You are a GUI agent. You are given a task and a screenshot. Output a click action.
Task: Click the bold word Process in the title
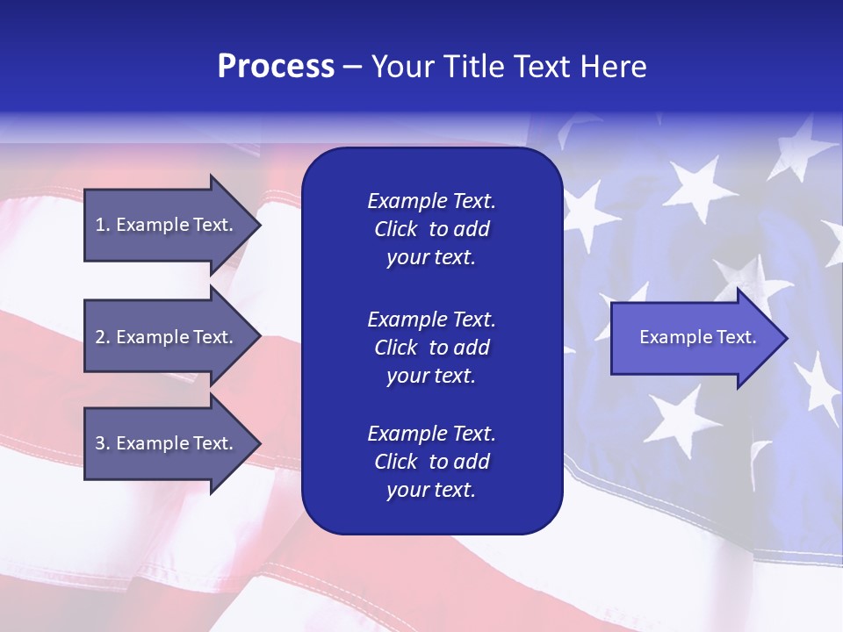pos(276,67)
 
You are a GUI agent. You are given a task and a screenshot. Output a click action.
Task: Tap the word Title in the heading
pos(475,67)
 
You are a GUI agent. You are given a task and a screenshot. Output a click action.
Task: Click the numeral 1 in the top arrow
pos(100,225)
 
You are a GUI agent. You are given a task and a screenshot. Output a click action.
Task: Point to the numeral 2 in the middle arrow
pos(100,337)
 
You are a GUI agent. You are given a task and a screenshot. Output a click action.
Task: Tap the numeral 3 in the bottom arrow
pos(100,443)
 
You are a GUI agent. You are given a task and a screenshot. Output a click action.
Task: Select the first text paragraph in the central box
pos(431,229)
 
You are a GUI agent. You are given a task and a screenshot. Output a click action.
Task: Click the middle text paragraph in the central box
pos(431,348)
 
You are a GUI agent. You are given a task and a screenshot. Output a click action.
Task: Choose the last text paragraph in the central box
pos(431,462)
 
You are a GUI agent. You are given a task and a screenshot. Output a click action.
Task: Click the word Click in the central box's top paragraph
pos(396,229)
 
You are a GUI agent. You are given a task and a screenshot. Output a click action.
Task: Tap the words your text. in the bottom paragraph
pos(431,490)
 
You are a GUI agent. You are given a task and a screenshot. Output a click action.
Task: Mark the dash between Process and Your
pos(352,68)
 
